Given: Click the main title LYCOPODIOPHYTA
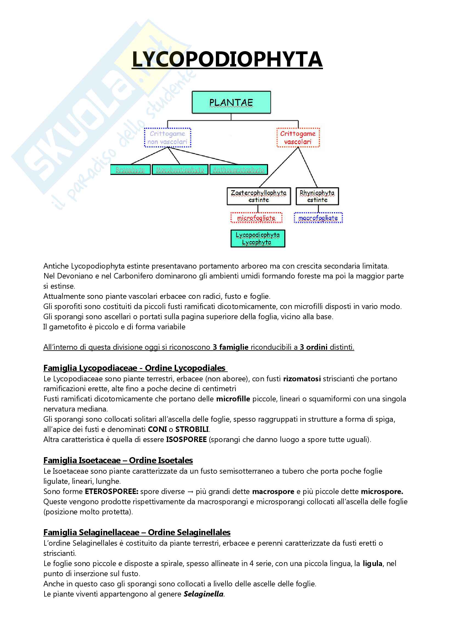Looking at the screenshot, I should point(227,59).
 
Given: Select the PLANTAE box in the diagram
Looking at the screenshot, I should point(231,103).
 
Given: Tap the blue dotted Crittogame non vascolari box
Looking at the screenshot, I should point(167,137).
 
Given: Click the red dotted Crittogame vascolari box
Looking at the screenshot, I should point(298,137).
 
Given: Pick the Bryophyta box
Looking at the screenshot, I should point(130,170).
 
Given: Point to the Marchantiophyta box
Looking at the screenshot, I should point(180,170).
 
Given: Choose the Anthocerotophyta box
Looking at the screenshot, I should point(239,170).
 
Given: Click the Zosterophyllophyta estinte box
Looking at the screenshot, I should point(259,196).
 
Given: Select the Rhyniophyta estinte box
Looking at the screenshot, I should point(317,196).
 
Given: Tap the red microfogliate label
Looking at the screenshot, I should point(256,218).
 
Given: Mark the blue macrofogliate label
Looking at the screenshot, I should point(318,218).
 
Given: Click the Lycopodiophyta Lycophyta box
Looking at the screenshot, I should point(258,239).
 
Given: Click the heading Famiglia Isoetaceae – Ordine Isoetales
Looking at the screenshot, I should point(118,460).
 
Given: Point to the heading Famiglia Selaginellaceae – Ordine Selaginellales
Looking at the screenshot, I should point(137,532).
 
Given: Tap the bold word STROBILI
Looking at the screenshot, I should point(192,429).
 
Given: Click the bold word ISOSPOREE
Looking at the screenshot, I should point(186,440).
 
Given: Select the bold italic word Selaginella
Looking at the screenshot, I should point(203,594).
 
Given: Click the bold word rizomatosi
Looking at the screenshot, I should point(302,379).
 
